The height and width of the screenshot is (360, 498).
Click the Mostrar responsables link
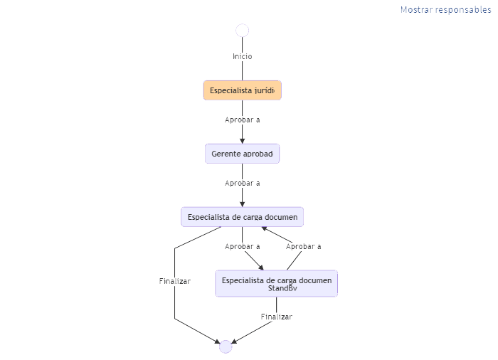(x=445, y=10)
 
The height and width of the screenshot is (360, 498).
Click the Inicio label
(x=242, y=56)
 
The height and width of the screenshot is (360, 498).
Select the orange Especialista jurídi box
(x=242, y=90)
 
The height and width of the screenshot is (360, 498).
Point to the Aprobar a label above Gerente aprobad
(x=242, y=120)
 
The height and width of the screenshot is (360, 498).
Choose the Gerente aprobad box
(x=242, y=154)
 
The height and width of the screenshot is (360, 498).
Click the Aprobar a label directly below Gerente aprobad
(x=242, y=183)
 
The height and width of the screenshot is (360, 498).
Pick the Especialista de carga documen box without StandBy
(x=242, y=216)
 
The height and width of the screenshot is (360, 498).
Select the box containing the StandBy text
(x=276, y=283)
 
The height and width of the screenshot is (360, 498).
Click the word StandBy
(x=282, y=288)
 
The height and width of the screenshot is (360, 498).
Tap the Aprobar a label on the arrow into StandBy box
(x=242, y=246)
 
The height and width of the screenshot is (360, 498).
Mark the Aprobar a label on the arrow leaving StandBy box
(x=303, y=246)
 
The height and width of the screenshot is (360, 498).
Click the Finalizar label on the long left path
(x=174, y=281)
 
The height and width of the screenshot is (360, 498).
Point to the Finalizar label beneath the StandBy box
(x=276, y=317)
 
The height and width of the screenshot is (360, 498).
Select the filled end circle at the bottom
(x=226, y=346)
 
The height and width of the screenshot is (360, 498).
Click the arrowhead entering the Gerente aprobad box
(x=242, y=141)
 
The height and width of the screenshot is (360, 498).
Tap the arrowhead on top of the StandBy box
(x=261, y=267)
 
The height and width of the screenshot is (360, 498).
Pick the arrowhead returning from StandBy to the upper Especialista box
(x=265, y=228)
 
